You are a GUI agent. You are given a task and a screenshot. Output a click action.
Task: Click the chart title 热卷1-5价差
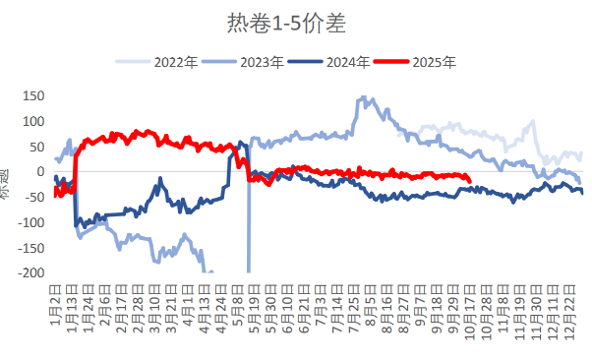[x=295, y=22]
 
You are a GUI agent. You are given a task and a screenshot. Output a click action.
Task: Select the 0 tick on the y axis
[x=40, y=172]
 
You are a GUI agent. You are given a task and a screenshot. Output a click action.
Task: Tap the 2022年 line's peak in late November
[x=533, y=122]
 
